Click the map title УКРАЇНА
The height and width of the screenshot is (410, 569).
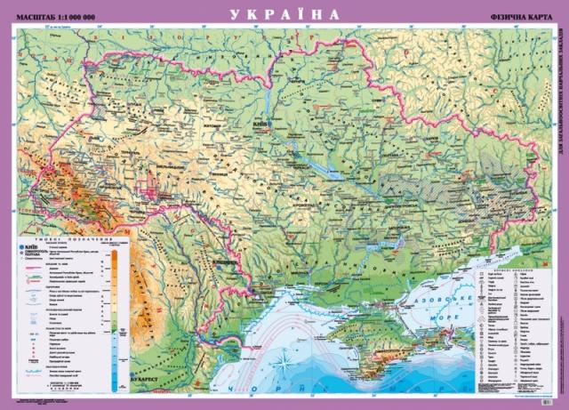click(284, 14)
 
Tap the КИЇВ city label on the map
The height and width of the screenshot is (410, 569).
click(260, 125)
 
